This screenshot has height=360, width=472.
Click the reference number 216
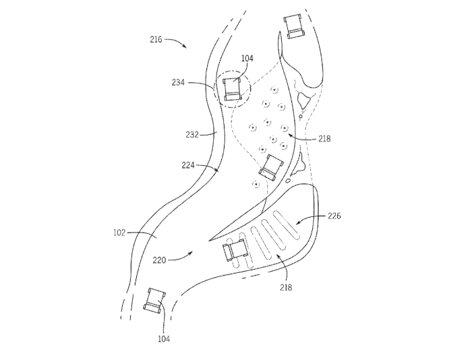(156, 40)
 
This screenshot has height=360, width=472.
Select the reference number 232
(192, 134)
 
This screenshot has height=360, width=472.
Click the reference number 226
(334, 216)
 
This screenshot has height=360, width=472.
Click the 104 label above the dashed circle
(247, 59)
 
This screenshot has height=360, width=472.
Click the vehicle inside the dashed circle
(233, 90)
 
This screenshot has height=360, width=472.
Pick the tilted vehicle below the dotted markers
(272, 167)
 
